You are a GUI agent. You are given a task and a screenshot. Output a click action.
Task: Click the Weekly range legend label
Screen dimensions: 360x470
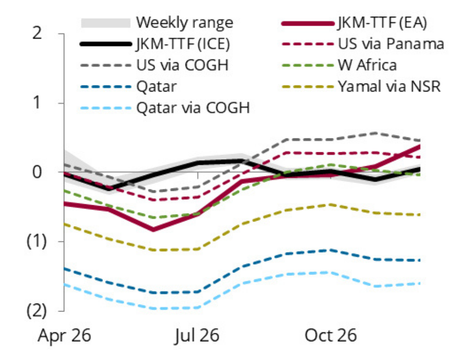click(184, 22)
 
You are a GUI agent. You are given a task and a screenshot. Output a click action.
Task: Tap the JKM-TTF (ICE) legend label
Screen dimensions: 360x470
click(184, 44)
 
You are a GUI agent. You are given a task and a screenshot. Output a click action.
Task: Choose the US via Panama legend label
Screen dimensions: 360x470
click(391, 44)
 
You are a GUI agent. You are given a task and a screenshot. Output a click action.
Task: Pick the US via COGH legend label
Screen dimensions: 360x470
click(184, 65)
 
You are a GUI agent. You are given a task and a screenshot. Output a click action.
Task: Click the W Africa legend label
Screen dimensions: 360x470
click(368, 65)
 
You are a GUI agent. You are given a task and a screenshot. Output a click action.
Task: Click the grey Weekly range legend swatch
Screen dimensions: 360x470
click(105, 23)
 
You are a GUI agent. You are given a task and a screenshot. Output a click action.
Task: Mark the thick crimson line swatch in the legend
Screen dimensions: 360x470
click(307, 23)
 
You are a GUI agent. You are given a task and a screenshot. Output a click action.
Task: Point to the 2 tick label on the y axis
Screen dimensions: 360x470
click(49, 34)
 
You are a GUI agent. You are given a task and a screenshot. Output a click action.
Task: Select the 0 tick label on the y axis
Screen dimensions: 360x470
click(49, 172)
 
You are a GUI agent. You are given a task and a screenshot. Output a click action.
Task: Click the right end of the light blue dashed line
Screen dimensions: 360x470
click(420, 283)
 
